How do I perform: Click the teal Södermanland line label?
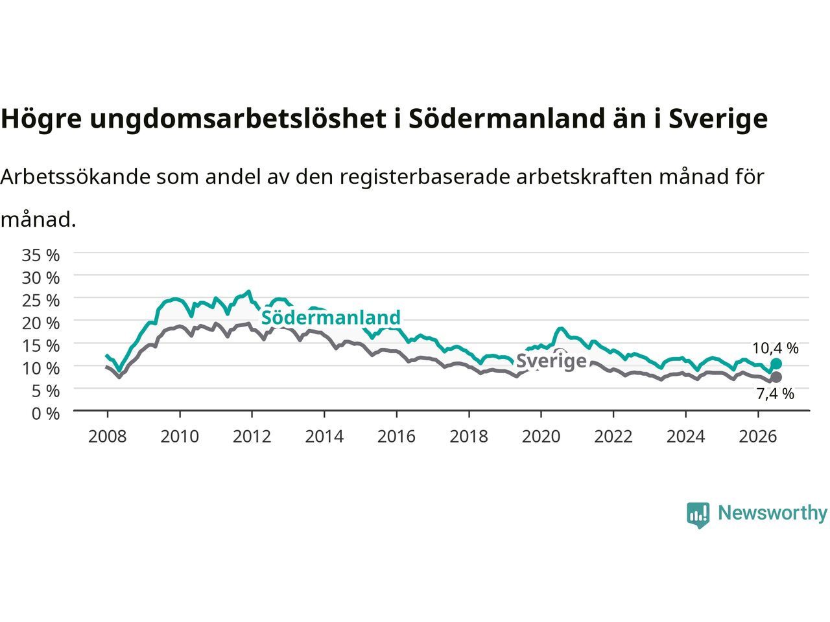point(331,317)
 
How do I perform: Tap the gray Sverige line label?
point(551,361)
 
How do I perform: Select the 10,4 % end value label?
point(775,348)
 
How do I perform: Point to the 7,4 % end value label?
point(775,394)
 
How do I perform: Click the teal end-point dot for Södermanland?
point(776,364)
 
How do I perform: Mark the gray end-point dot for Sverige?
point(776,377)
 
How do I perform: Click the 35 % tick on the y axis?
point(41,255)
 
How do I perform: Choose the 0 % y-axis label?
point(46,414)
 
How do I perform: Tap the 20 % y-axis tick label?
point(41,323)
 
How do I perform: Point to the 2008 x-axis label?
point(108,437)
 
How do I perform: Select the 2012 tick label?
point(252,437)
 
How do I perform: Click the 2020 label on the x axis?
point(541,437)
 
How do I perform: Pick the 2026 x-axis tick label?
point(758,437)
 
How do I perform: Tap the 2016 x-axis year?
point(396,437)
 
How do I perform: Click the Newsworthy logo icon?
point(698,515)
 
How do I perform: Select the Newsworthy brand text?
point(772,513)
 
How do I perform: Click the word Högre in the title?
point(41,119)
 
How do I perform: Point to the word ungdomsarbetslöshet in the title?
point(238,119)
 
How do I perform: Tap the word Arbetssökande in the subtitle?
point(76,177)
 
